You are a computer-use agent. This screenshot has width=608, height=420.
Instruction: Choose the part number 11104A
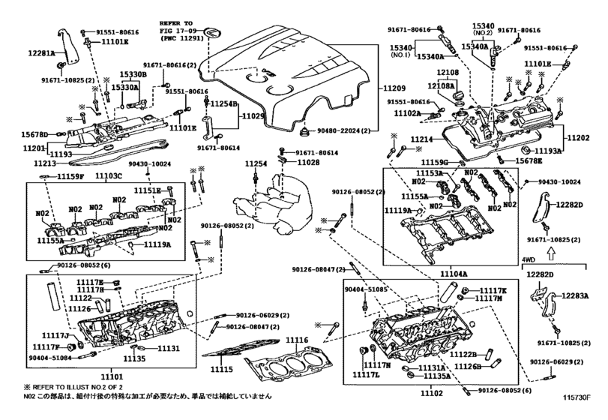coord(461,274)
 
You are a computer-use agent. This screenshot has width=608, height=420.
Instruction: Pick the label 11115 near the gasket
coord(222,370)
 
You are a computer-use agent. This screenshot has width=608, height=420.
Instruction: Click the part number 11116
coord(297,340)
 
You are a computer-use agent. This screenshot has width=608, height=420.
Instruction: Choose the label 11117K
coord(493,289)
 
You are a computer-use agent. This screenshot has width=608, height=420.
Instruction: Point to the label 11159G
coord(433,162)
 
